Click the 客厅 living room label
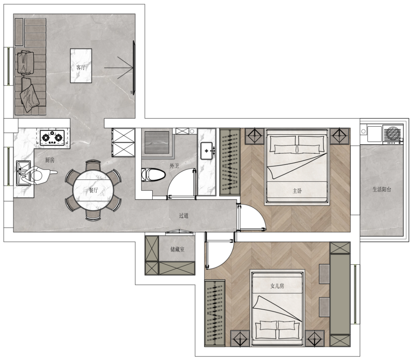[x=81, y=68]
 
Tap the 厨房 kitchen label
[x=50, y=160]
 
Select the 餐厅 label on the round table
[x=93, y=190]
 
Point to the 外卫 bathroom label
[x=175, y=166]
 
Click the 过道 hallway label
[x=184, y=215]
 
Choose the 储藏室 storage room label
[x=177, y=249]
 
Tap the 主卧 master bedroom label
[x=297, y=191]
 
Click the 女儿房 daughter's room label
[x=277, y=286]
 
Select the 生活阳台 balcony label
[x=382, y=189]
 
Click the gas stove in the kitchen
[x=52, y=138]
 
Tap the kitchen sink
[x=23, y=173]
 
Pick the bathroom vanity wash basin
[x=207, y=151]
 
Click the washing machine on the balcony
[x=393, y=134]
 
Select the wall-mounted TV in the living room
[x=134, y=68]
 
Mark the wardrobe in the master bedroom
[x=230, y=162]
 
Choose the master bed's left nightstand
[x=255, y=136]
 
